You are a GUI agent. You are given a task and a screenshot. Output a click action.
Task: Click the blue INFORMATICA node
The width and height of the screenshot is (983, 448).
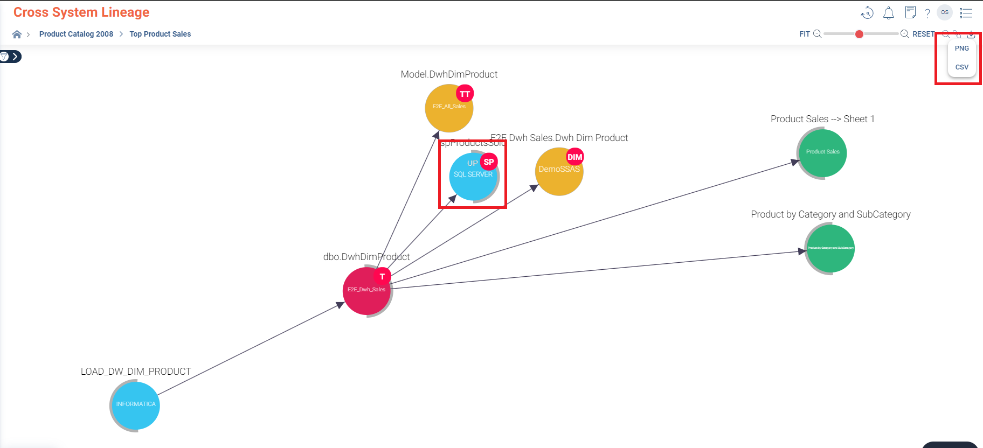135,406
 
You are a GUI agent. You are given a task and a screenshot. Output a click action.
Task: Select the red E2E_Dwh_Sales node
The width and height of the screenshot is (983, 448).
366,291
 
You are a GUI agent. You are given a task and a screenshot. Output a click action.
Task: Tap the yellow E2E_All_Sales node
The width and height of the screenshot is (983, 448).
448,109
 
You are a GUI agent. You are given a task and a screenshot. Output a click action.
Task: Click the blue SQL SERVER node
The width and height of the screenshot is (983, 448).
472,178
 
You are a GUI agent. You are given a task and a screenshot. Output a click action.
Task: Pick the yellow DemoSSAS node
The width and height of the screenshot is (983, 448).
558,172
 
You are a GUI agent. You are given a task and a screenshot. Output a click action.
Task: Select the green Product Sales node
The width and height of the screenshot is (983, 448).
822,152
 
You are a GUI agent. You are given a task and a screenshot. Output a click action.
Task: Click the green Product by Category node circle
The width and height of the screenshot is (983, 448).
830,249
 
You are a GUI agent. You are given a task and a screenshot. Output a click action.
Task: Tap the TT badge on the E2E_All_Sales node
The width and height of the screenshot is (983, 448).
465,94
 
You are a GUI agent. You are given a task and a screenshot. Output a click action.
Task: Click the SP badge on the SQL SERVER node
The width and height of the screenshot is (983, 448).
489,162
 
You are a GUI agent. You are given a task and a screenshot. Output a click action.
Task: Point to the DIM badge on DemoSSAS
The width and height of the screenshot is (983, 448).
575,157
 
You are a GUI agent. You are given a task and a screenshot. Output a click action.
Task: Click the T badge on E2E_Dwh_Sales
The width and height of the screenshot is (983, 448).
382,276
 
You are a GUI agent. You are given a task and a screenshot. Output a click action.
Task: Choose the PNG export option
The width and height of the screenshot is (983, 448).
961,48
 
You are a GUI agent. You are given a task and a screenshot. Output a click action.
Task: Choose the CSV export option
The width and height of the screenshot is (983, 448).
961,67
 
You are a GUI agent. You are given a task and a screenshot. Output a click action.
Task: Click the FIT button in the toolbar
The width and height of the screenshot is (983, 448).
804,34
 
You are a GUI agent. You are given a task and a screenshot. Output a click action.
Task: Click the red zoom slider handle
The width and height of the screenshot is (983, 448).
859,34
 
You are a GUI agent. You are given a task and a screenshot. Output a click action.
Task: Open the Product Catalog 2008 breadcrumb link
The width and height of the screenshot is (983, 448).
76,34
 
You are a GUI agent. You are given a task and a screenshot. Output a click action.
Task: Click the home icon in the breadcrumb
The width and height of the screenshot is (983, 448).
17,34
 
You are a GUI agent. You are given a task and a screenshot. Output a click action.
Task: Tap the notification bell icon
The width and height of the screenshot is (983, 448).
889,13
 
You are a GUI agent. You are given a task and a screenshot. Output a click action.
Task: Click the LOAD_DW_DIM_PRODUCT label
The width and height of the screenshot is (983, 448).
136,372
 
